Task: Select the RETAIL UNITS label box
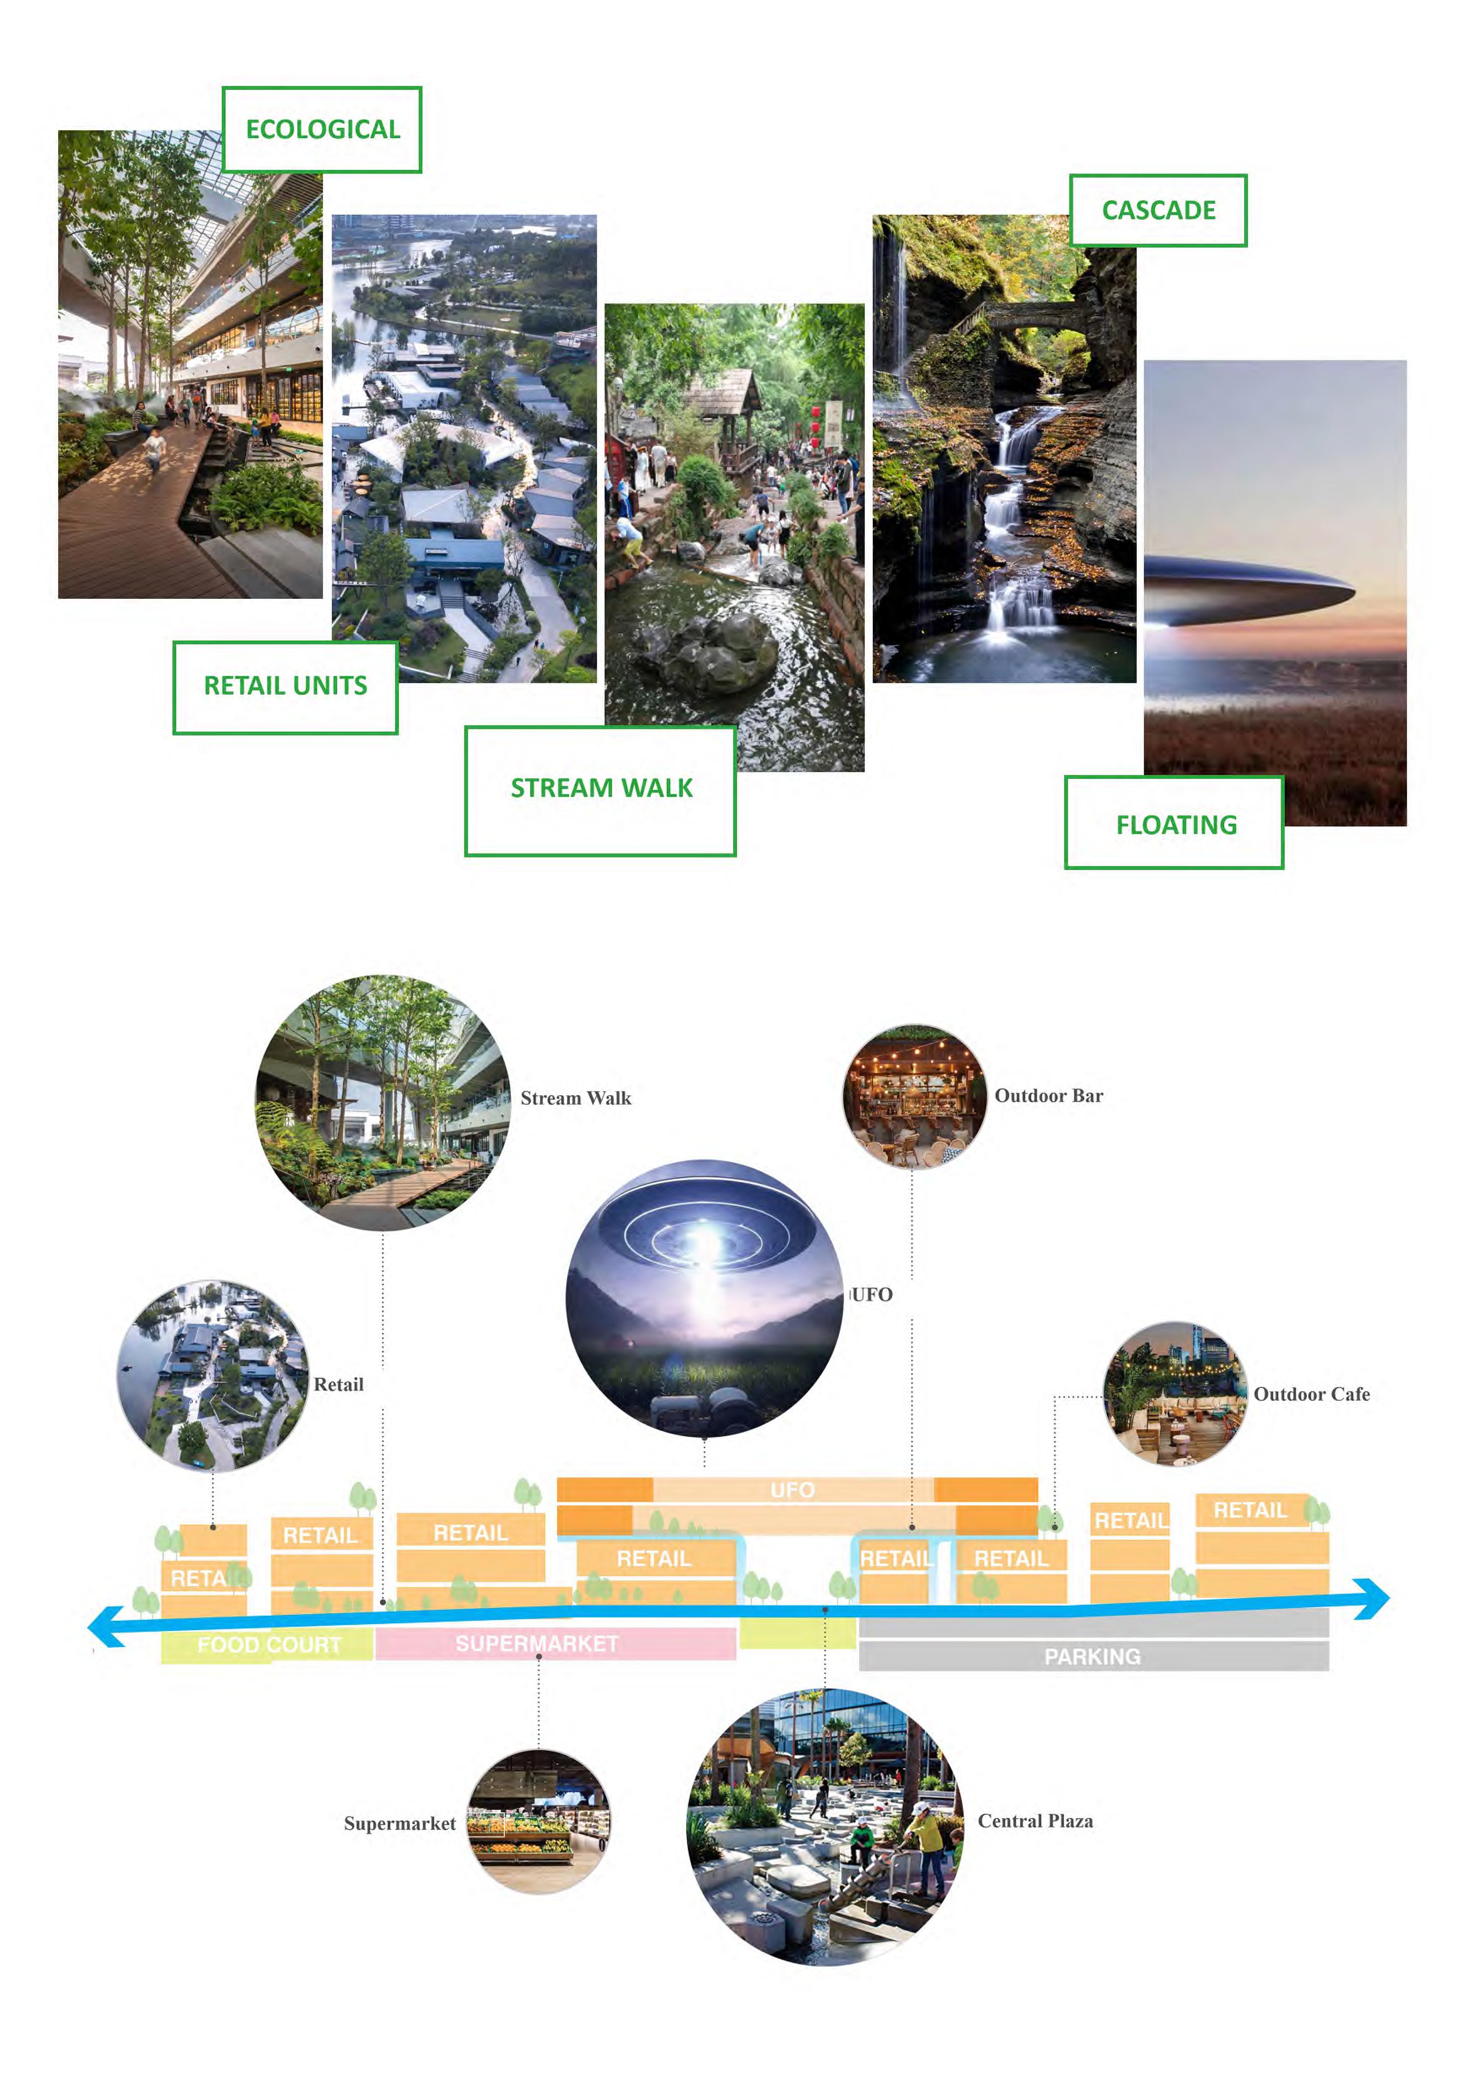pos(285,687)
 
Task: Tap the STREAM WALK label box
pos(600,790)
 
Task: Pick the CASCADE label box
pos(1158,210)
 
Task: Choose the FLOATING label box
pos(1174,824)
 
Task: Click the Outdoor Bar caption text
pos(1049,1096)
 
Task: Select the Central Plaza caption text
pos(1035,1820)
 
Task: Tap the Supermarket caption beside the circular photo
pos(399,1823)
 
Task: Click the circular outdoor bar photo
pos(914,1096)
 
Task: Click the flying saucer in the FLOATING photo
pos(1248,592)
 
